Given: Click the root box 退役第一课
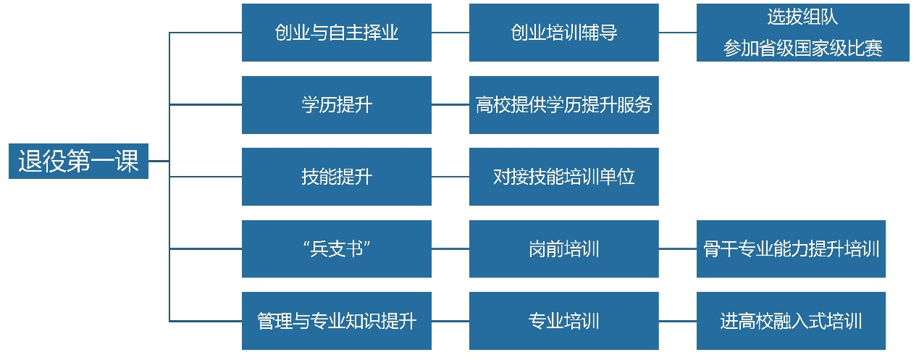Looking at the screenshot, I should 78,162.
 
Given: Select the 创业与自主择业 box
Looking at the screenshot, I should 336,33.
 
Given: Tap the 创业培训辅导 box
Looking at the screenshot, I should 563,33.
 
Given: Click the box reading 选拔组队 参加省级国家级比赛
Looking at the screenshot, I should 802,33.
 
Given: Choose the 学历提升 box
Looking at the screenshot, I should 336,105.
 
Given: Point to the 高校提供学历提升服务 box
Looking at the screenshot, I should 563,105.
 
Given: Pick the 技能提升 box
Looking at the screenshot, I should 336,177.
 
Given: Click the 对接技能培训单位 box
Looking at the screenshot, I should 563,177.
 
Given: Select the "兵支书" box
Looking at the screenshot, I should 336,249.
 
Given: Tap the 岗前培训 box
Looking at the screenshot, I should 563,249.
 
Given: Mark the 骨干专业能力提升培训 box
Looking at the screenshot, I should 791,249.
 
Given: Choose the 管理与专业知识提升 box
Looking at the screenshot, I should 336,321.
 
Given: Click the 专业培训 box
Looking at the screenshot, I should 563,321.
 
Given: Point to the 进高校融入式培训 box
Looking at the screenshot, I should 791,321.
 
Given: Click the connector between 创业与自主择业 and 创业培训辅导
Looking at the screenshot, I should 450,33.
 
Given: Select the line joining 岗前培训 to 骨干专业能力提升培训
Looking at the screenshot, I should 678,249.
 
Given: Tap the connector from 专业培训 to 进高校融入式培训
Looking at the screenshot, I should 678,321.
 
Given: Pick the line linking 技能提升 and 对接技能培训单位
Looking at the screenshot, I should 450,177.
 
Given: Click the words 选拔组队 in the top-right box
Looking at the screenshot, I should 802,17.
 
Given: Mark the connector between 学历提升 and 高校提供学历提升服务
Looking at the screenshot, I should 450,105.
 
